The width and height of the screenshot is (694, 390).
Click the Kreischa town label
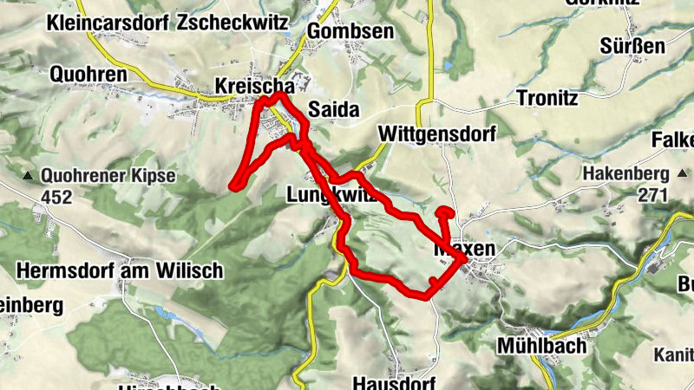click(252, 87)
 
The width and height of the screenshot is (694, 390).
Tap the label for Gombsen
click(350, 32)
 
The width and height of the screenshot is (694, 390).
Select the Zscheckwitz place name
click(232, 24)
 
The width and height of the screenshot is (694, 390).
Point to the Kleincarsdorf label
click(108, 24)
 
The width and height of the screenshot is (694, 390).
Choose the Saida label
click(333, 110)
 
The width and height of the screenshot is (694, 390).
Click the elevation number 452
click(56, 198)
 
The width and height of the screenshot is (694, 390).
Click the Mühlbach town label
click(542, 346)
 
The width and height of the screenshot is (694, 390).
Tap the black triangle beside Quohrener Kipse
click(28, 177)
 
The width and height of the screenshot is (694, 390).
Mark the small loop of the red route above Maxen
click(445, 212)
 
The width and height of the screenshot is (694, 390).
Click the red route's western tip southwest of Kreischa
click(232, 184)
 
